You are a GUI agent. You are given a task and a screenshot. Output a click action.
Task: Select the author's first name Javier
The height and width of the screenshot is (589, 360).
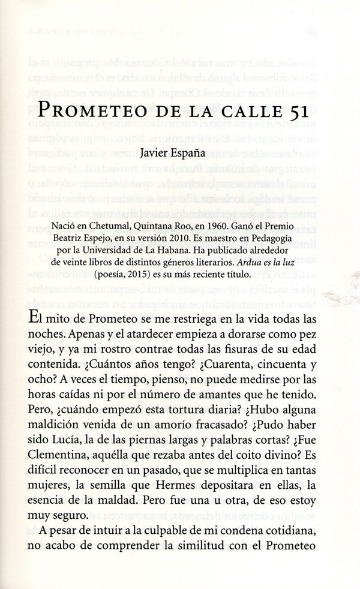[x=155, y=152]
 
